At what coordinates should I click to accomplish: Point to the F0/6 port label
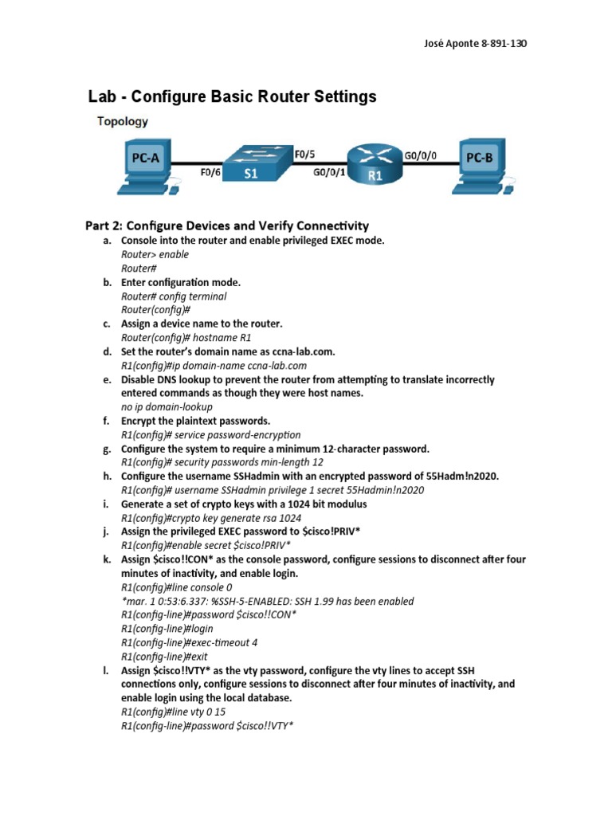point(209,170)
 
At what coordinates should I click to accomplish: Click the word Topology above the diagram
point(122,122)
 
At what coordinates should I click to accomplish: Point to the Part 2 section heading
point(227,226)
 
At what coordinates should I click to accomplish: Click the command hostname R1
point(216,337)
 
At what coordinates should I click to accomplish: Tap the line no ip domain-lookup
point(167,406)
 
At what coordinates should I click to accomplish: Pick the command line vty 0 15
point(199,712)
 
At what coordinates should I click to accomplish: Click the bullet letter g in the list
point(106,449)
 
